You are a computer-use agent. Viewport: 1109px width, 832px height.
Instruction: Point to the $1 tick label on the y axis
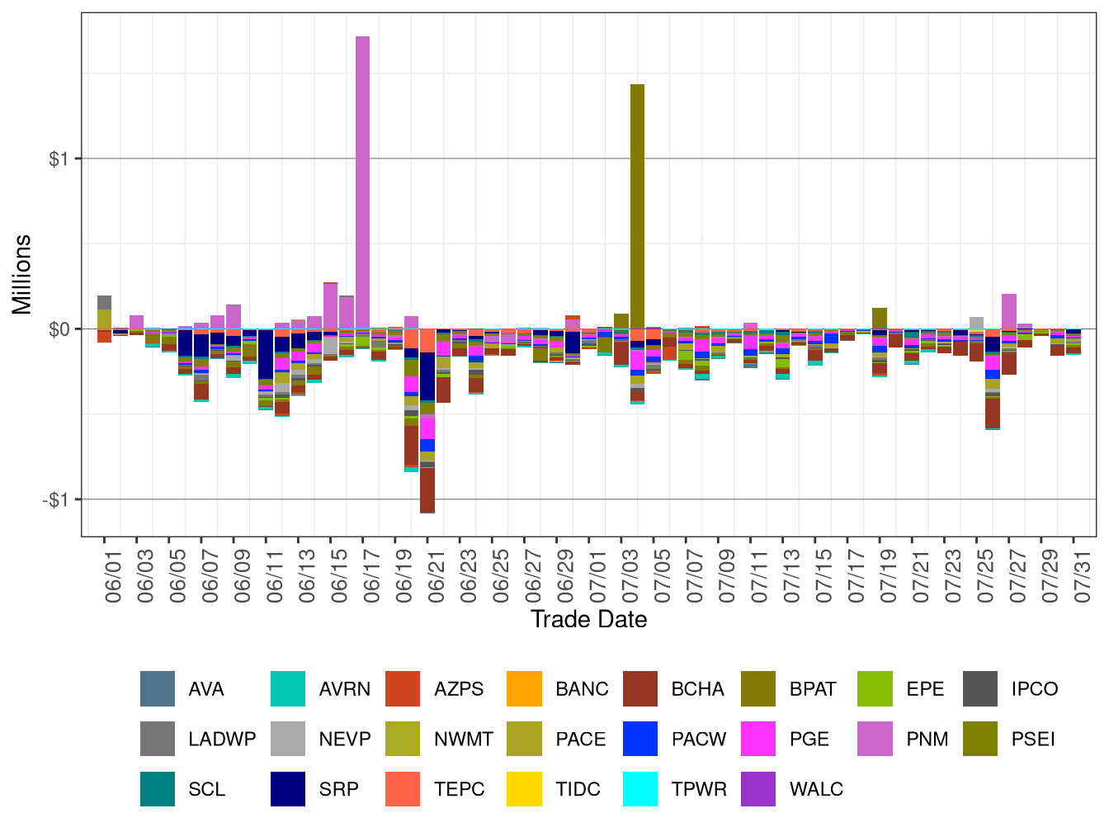(x=59, y=158)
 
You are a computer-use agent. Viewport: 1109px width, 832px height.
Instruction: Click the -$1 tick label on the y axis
(x=56, y=499)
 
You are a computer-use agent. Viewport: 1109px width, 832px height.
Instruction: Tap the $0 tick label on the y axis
(x=59, y=329)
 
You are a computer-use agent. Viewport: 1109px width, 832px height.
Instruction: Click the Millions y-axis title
(x=22, y=274)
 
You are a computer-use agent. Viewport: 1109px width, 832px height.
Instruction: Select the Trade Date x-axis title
(x=588, y=619)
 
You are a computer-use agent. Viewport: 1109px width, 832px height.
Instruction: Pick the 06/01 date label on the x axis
(x=114, y=582)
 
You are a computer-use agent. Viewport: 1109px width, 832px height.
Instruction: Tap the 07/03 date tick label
(x=630, y=582)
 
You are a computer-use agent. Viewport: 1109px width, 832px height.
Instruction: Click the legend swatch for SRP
(x=288, y=789)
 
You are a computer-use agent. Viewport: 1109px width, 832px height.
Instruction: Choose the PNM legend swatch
(x=875, y=739)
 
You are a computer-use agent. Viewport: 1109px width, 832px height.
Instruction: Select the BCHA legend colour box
(x=640, y=688)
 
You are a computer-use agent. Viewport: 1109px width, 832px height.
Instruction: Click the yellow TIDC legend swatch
(x=525, y=789)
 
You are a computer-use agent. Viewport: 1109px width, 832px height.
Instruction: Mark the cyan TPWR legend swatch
(x=640, y=789)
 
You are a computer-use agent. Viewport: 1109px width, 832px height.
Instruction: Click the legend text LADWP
(x=222, y=739)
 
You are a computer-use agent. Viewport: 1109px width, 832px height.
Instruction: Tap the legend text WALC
(x=816, y=789)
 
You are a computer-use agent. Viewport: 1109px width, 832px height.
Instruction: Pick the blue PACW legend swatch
(x=640, y=739)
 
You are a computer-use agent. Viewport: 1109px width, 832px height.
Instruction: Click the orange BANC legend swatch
(x=525, y=688)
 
